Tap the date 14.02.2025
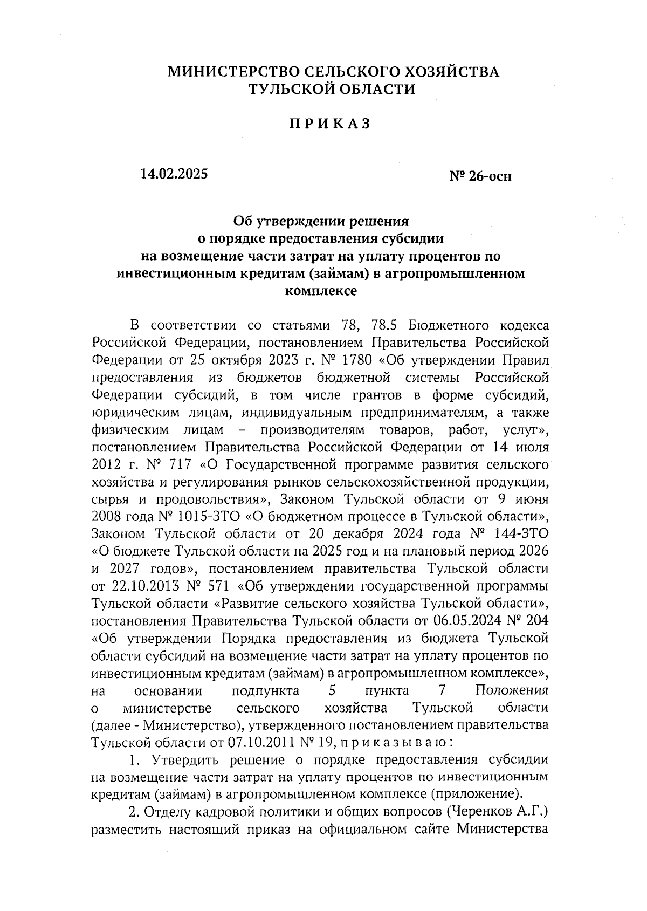click(x=173, y=174)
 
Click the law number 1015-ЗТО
click(x=208, y=517)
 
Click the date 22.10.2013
click(x=147, y=586)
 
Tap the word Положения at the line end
click(x=512, y=690)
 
